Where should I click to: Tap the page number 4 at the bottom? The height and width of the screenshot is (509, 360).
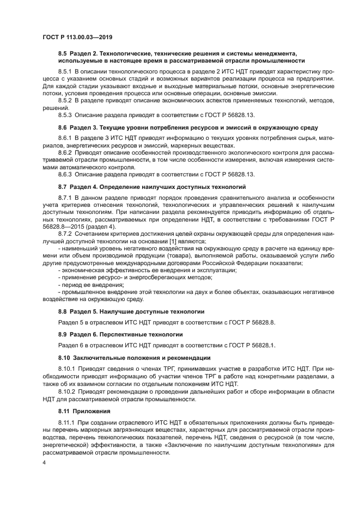(x=45, y=463)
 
